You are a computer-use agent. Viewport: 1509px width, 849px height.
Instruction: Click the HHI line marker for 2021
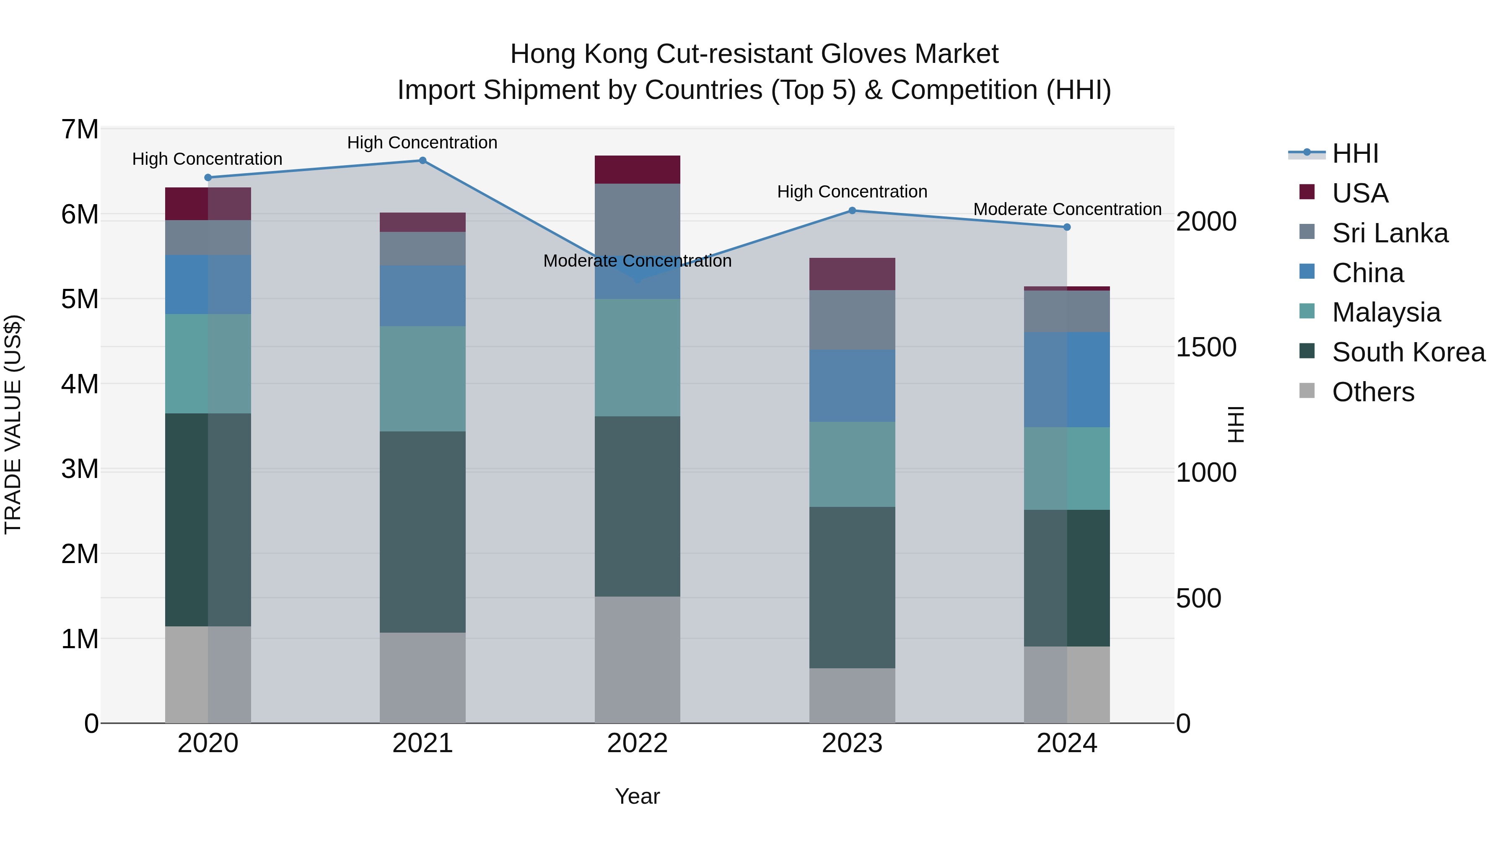coord(423,161)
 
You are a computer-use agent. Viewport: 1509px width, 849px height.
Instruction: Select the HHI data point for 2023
coord(852,210)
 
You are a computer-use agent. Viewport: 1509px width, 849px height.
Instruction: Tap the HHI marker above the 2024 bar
coord(1067,227)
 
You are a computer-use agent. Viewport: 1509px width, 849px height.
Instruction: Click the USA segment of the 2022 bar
coord(637,169)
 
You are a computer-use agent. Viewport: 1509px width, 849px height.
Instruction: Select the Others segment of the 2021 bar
coord(423,678)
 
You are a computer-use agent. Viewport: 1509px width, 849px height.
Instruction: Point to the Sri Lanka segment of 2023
coord(852,319)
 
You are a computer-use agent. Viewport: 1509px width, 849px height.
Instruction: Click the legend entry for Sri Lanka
coord(1390,233)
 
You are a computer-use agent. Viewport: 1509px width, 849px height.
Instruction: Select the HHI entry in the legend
coord(1355,153)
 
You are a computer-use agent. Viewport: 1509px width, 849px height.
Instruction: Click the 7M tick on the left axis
coord(80,130)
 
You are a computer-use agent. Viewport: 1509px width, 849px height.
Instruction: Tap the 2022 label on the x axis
coord(637,743)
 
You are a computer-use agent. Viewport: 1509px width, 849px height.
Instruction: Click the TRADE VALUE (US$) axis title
coord(13,424)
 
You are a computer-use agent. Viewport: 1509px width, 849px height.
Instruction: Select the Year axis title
coord(637,796)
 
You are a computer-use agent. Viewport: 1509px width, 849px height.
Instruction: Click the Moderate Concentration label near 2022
coord(637,261)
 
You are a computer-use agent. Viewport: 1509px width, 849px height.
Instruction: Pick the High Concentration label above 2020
coord(207,159)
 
